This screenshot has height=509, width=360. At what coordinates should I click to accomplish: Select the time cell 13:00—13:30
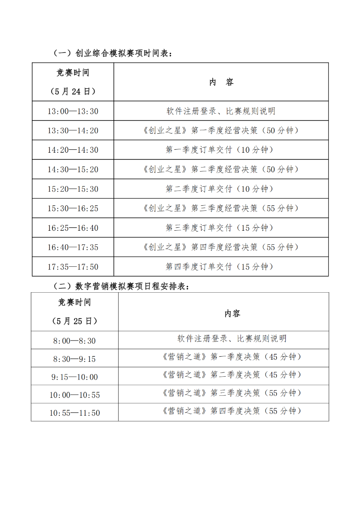73,111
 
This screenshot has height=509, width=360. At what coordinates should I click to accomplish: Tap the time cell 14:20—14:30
73,150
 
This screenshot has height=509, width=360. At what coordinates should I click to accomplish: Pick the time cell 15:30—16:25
73,209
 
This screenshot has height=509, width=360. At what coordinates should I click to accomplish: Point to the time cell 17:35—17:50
73,267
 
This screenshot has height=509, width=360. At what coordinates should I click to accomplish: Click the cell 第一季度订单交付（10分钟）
220,150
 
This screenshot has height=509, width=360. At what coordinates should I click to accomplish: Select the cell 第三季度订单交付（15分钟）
220,228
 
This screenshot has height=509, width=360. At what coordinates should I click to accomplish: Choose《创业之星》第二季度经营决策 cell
220,169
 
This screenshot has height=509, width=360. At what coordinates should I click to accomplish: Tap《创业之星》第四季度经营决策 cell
220,247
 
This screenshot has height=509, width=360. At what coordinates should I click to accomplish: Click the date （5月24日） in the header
73,91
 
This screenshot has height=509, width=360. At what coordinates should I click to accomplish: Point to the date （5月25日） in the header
74,321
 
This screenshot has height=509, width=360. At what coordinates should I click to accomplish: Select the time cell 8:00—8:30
74,341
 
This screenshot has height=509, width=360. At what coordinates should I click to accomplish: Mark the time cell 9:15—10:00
74,377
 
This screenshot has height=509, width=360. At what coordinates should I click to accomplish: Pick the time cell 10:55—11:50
74,413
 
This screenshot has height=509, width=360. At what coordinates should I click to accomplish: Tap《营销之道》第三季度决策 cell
232,393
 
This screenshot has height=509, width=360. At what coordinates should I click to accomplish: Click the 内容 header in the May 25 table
232,313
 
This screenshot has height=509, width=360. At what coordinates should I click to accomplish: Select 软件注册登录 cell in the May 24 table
220,111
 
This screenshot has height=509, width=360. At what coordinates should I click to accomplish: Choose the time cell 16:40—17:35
73,247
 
